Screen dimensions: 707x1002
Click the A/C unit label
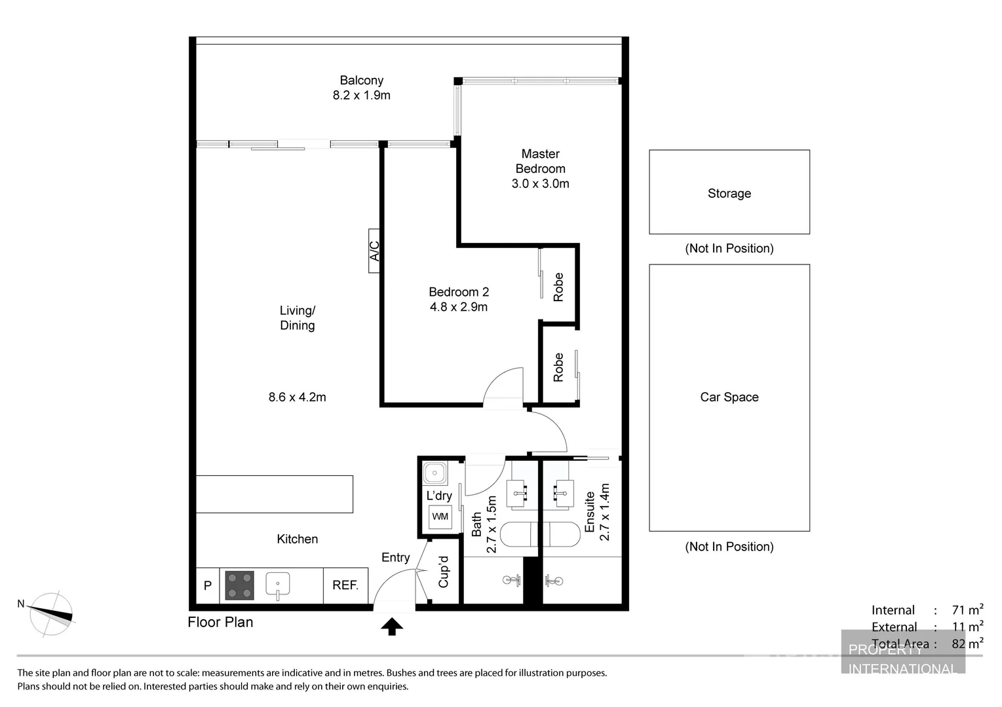[374, 251]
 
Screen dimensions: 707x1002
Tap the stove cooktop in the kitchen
[239, 585]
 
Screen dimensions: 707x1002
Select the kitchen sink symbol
[278, 585]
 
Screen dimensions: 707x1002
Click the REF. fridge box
[345, 585]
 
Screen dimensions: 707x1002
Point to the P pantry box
[208, 585]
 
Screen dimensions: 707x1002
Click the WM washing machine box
[440, 517]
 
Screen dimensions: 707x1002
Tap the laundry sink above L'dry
[434, 472]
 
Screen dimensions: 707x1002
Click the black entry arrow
[392, 626]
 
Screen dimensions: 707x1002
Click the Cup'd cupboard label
[444, 571]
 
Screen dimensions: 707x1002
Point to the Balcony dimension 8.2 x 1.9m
[361, 96]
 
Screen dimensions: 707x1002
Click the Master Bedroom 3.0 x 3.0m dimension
[540, 184]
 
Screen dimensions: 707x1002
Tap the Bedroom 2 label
[459, 292]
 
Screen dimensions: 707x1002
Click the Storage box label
[729, 193]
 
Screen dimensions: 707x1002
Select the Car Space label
[729, 397]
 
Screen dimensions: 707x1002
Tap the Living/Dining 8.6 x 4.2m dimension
[297, 397]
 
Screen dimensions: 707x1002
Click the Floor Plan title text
[220, 622]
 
